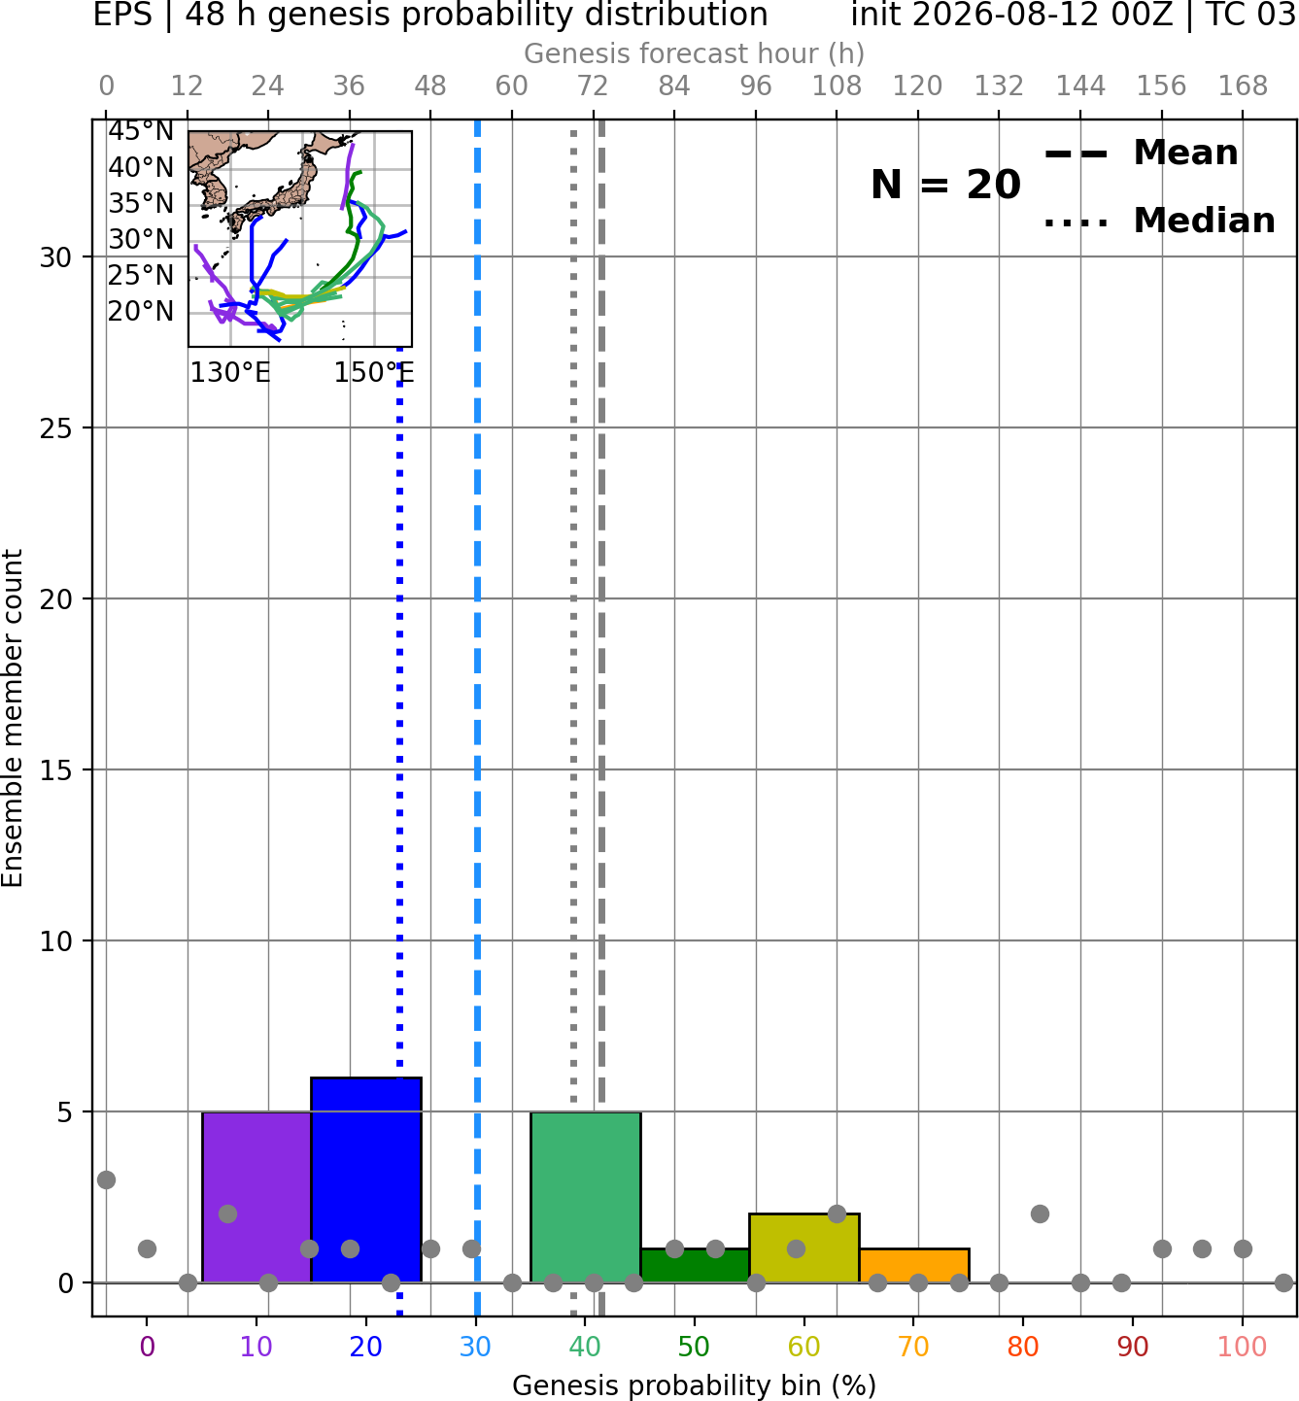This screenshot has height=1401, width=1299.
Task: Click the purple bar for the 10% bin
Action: (x=256, y=1197)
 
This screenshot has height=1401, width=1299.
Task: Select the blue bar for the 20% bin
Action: (x=366, y=1179)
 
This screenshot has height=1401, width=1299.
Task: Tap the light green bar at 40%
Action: (x=586, y=1197)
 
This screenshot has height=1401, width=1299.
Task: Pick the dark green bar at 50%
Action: (x=695, y=1266)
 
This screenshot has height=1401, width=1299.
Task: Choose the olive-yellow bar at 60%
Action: (x=804, y=1247)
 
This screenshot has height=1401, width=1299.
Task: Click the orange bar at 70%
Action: (x=914, y=1266)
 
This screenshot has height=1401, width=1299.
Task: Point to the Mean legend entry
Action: (x=1141, y=154)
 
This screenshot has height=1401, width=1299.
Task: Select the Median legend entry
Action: (x=1159, y=221)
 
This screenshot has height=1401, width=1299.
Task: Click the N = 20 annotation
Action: (x=945, y=185)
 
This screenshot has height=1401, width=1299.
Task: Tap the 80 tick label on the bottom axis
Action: (x=1023, y=1347)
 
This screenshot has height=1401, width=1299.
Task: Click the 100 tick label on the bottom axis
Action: (x=1243, y=1347)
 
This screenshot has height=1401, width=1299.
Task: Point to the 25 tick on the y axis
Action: (x=56, y=428)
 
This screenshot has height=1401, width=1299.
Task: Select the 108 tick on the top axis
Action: (x=837, y=86)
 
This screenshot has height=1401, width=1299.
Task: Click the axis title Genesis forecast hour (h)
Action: (x=695, y=53)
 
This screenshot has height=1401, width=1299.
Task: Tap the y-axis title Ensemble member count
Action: (x=13, y=718)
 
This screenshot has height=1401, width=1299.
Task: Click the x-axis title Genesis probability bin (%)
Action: (x=695, y=1385)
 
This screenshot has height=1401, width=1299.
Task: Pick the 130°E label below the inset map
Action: (x=230, y=372)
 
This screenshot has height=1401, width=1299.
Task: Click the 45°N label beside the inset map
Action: (x=141, y=131)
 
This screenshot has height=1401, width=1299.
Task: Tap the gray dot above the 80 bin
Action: (x=1040, y=1214)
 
